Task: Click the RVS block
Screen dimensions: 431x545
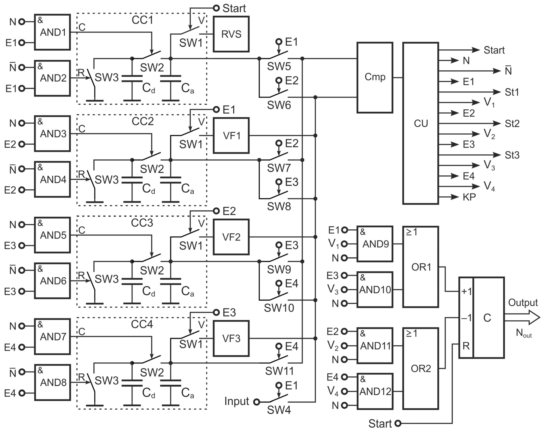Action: pyautogui.click(x=231, y=34)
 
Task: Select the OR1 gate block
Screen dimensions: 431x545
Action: pyautogui.click(x=421, y=267)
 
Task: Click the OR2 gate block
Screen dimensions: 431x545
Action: pyautogui.click(x=421, y=368)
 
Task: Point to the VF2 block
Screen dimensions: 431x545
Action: pyautogui.click(x=231, y=237)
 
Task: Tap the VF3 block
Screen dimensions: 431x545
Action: pyautogui.click(x=231, y=338)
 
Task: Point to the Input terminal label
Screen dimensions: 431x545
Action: pyautogui.click(x=237, y=401)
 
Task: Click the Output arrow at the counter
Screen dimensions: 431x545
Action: pyautogui.click(x=523, y=318)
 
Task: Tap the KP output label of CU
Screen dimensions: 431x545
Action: pyautogui.click(x=469, y=197)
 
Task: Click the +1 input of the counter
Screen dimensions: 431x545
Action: pyautogui.click(x=466, y=291)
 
